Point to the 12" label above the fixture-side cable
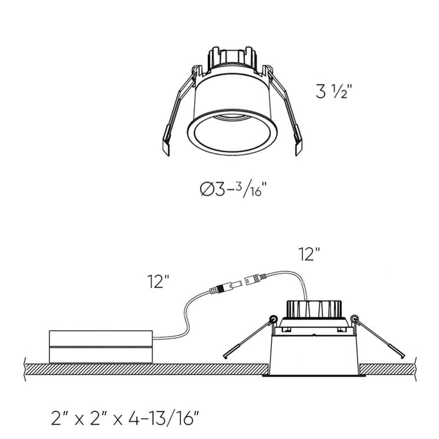(310, 254)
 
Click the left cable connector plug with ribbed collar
(222, 285)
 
